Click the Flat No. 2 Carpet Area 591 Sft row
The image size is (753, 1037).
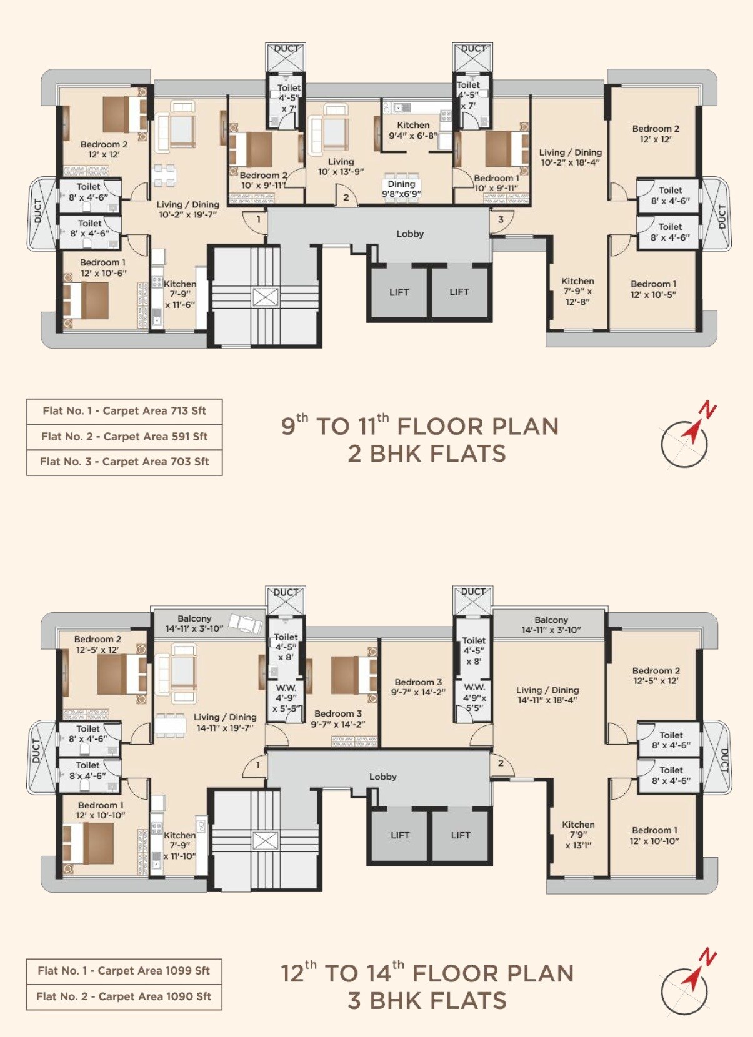pyautogui.click(x=124, y=437)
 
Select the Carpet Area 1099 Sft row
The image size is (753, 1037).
pyautogui.click(x=124, y=971)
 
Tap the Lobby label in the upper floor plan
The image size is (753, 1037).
pyautogui.click(x=410, y=234)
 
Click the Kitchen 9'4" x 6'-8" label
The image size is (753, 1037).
pyautogui.click(x=413, y=130)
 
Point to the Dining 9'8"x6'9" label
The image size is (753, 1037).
pyautogui.click(x=401, y=189)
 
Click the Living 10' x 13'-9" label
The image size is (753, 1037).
pyautogui.click(x=341, y=166)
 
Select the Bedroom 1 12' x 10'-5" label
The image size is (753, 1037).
pyautogui.click(x=653, y=289)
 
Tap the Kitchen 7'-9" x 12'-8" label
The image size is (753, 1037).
pyautogui.click(x=577, y=291)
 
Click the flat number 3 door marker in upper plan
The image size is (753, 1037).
pyautogui.click(x=501, y=220)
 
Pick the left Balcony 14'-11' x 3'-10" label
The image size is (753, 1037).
pyautogui.click(x=194, y=623)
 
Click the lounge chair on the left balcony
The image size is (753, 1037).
pyautogui.click(x=245, y=623)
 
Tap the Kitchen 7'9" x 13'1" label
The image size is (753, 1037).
pyautogui.click(x=578, y=835)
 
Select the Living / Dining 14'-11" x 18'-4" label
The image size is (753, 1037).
pyautogui.click(x=547, y=695)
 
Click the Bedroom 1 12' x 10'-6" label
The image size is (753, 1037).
pyautogui.click(x=103, y=267)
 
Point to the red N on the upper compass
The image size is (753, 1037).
pyautogui.click(x=708, y=410)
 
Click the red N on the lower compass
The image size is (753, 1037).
pyautogui.click(x=708, y=957)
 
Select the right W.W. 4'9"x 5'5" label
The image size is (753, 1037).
pyautogui.click(x=474, y=697)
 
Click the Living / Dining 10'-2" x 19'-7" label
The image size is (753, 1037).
pyautogui.click(x=187, y=209)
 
